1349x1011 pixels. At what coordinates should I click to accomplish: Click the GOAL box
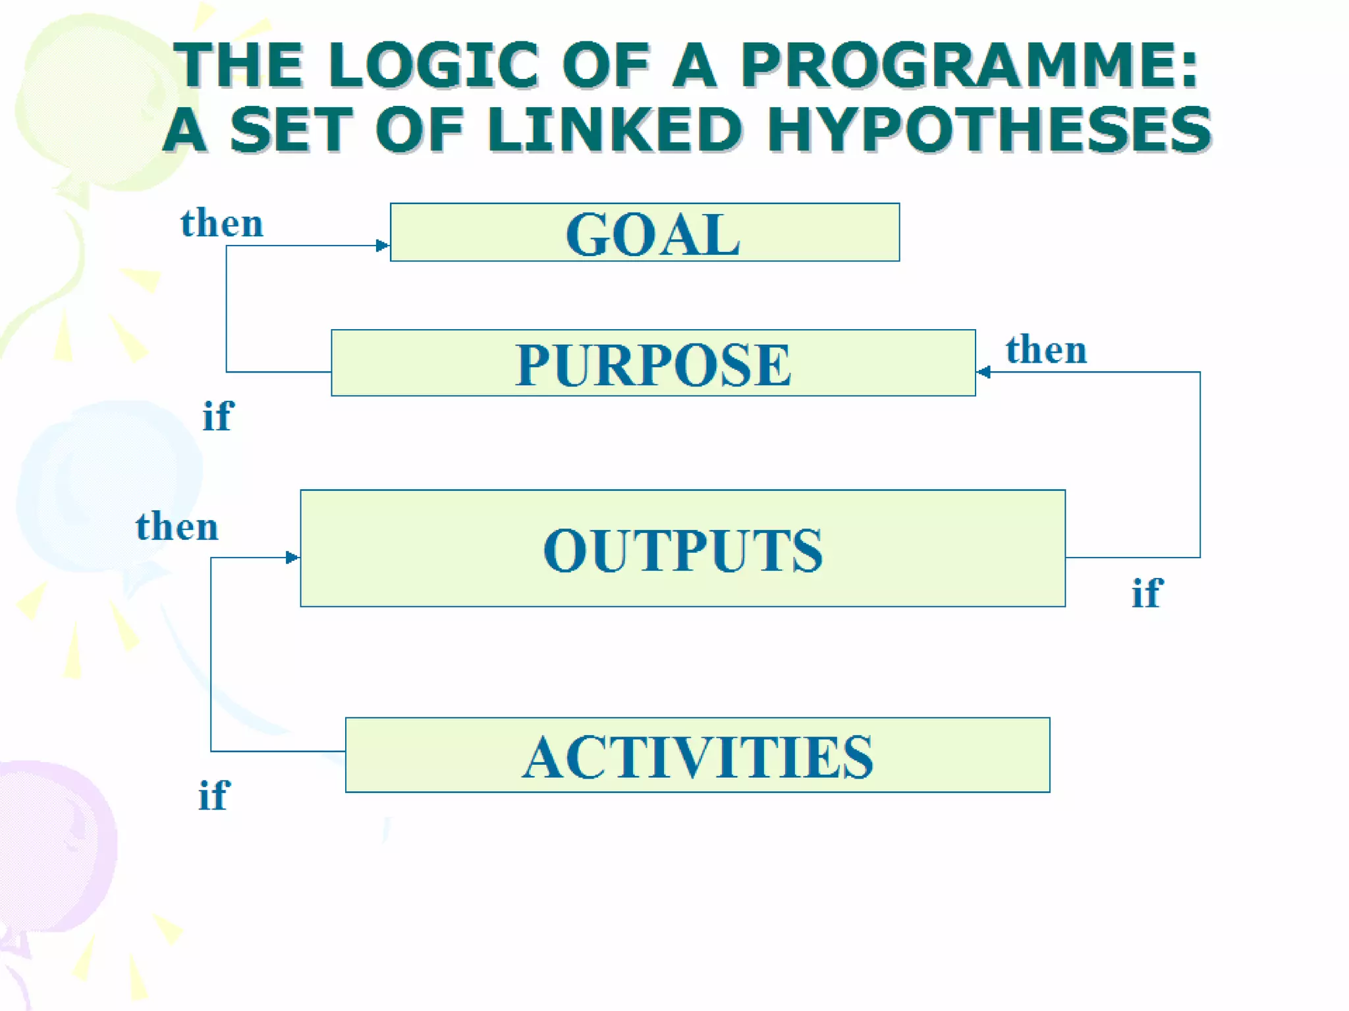pos(644,232)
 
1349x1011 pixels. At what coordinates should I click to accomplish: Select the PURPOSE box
pos(653,363)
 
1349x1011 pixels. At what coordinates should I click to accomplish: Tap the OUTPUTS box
pos(682,548)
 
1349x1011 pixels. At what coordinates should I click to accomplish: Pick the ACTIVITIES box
pos(697,755)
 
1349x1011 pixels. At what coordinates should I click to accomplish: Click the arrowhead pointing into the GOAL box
pos(382,246)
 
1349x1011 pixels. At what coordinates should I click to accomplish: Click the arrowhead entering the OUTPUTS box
pos(292,557)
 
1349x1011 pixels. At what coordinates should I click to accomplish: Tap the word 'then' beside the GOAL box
pos(222,223)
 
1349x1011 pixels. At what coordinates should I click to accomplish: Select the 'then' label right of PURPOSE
pos(1046,350)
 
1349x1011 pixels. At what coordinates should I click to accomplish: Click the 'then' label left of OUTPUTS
pos(177,527)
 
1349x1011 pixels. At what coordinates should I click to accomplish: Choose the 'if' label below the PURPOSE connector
pos(217,416)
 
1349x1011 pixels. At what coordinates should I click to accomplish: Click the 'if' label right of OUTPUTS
pos(1147,593)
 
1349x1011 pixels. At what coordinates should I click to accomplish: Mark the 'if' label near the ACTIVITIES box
pos(213,795)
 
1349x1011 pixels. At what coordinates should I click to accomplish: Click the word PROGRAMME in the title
pos(968,65)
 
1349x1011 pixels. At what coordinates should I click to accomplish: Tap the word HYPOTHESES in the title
pos(988,130)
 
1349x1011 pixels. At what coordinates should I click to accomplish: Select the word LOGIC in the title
pos(434,65)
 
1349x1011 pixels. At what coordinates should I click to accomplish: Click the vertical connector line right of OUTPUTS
pos(1200,464)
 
